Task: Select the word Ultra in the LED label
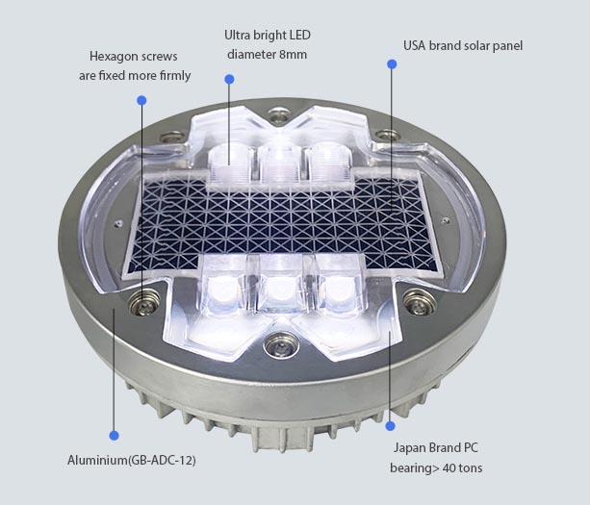coord(240,36)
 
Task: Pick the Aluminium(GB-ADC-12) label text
coord(133,460)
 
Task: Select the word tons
coord(471,468)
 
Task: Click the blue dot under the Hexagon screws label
coord(141,100)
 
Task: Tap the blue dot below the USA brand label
coord(392,64)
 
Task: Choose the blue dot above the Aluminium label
coord(114,435)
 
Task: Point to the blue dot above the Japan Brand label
coord(391,425)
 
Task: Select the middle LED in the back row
coord(275,158)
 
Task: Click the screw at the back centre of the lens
coord(278,117)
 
